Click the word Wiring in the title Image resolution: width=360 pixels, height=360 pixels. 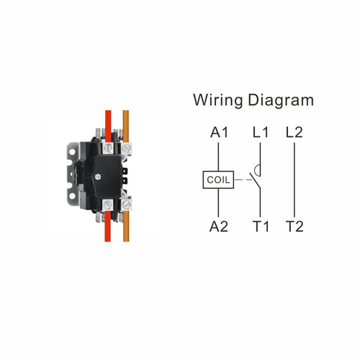tap(217, 100)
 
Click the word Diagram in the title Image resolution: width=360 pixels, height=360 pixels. tap(280, 100)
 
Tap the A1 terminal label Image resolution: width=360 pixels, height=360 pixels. tap(219, 132)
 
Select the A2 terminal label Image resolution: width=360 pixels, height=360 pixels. tap(219, 226)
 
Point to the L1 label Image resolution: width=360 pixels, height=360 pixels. tap(260, 132)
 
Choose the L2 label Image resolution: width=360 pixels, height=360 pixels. tap(294, 132)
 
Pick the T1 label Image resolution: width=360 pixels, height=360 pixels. tap(261, 226)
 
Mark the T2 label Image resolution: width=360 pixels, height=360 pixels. tap(295, 226)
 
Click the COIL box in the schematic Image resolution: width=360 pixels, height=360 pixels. tap(218, 180)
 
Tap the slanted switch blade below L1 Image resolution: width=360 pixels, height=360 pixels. tap(255, 181)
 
